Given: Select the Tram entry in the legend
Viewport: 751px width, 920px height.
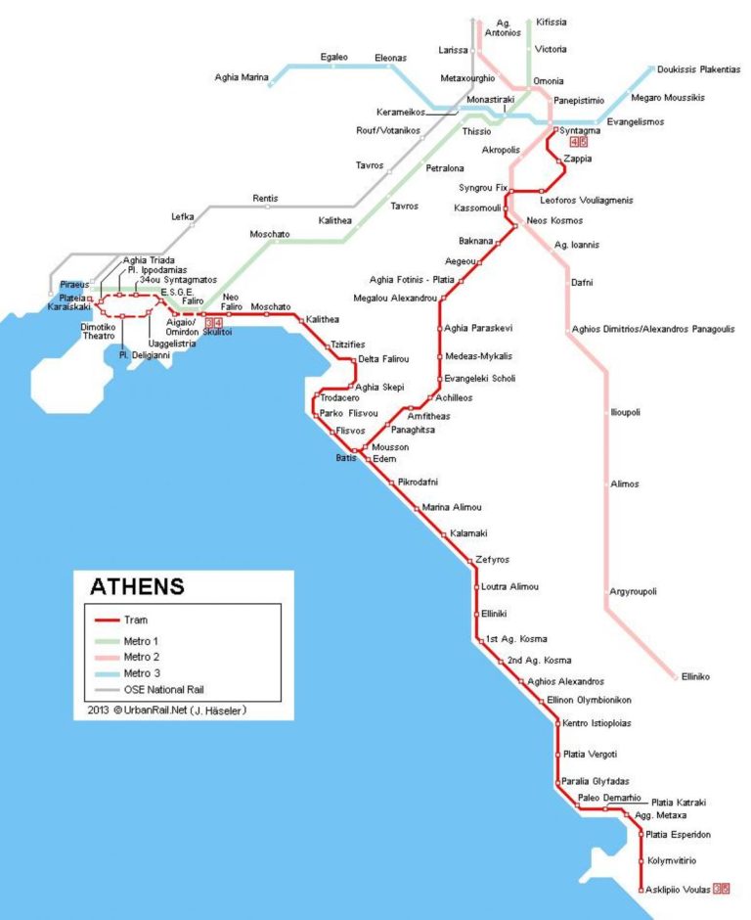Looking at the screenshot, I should (136, 620).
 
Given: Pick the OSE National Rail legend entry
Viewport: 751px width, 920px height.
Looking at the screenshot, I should (162, 690).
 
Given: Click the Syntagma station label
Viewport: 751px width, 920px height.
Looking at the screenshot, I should (580, 130).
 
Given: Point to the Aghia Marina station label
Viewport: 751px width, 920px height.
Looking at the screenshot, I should (241, 76).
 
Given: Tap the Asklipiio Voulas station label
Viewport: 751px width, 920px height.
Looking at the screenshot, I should (677, 889).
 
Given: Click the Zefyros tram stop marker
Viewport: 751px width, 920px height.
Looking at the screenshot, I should (469, 560).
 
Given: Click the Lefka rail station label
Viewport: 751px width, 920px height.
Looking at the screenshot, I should (183, 216).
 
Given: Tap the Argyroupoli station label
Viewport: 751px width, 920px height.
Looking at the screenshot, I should (633, 591).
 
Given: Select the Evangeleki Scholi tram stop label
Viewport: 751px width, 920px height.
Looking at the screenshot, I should (479, 378).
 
